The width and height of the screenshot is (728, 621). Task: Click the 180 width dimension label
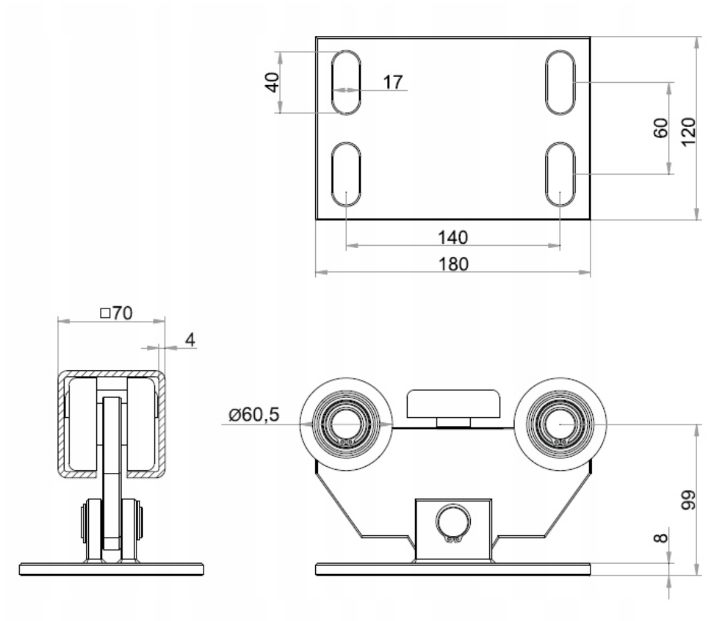(453, 264)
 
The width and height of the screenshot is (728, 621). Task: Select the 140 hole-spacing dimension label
(453, 237)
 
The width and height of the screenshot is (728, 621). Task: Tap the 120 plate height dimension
(689, 130)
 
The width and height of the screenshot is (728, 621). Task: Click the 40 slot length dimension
(272, 82)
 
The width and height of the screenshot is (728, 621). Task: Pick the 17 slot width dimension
(392, 81)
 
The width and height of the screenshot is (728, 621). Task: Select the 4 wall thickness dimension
(189, 340)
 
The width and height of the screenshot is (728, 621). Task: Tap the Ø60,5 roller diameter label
(253, 415)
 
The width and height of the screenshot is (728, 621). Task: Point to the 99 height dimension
(689, 500)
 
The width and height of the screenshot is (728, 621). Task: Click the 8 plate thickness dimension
(660, 537)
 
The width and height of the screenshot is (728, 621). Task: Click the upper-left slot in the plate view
(346, 82)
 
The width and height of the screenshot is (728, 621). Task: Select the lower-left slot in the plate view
(346, 175)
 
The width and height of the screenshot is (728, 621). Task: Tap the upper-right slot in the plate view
(560, 82)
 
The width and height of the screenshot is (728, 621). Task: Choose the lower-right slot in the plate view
(560, 175)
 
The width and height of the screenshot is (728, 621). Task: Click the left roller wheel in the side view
(346, 424)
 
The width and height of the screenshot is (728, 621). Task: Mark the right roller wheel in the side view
(560, 424)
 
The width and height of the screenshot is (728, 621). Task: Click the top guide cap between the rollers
(453, 404)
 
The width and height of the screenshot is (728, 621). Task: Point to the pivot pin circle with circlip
(453, 522)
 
